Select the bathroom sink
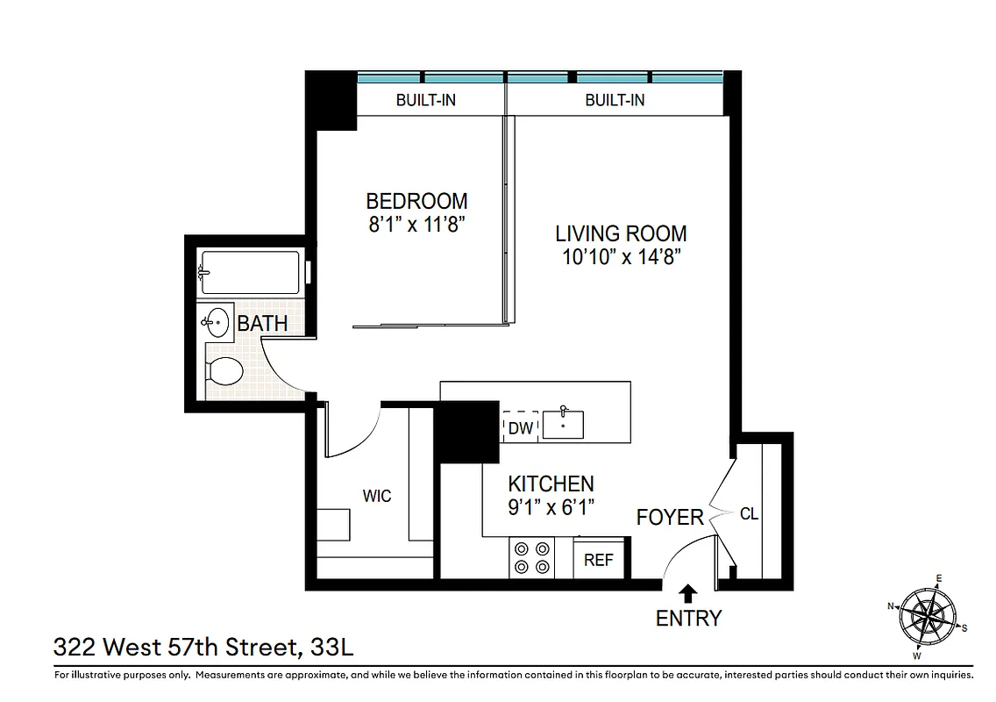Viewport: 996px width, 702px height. pyautogui.click(x=214, y=322)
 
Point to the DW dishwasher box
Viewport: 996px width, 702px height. pyautogui.click(x=520, y=428)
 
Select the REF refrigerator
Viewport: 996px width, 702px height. pyautogui.click(x=598, y=559)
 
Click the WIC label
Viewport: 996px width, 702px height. pyautogui.click(x=377, y=497)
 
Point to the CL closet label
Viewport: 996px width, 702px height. pyautogui.click(x=749, y=514)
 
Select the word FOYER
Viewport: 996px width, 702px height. pyautogui.click(x=670, y=518)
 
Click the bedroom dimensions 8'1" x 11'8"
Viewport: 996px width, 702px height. pyautogui.click(x=416, y=224)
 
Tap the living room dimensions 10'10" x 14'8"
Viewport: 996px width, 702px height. pyautogui.click(x=621, y=257)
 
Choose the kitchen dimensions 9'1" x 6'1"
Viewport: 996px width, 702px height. pyautogui.click(x=551, y=507)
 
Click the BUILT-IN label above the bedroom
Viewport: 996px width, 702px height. pyautogui.click(x=425, y=100)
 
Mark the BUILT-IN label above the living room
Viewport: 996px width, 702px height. pyautogui.click(x=615, y=100)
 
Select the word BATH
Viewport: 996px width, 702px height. pyautogui.click(x=263, y=323)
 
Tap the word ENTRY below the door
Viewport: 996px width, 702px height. pyautogui.click(x=688, y=619)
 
